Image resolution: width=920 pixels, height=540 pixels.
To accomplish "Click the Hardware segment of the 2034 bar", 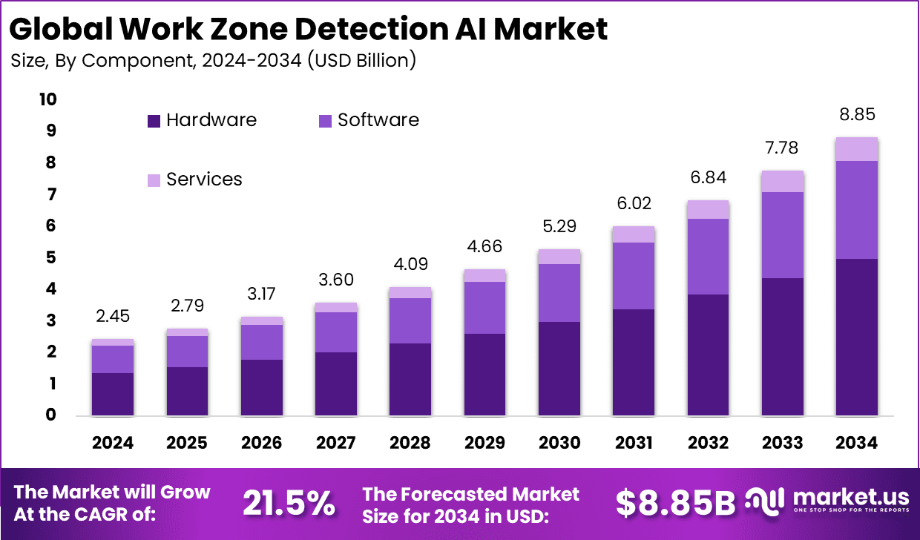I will (x=857, y=337).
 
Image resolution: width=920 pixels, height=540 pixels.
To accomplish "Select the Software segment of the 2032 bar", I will (x=708, y=257).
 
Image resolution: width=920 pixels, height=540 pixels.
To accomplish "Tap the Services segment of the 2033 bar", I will (x=783, y=181).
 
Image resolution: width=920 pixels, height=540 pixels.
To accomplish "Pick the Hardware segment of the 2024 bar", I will (x=113, y=394).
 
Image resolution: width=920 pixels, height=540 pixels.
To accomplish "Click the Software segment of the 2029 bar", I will (x=484, y=308).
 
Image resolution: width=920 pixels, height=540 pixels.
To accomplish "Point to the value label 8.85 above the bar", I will (x=857, y=115).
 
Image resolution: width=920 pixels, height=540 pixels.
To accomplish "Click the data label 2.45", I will (x=113, y=317).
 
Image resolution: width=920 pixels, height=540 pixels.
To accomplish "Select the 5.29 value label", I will (x=559, y=226).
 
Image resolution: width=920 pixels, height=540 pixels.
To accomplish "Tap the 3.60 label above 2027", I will (x=336, y=280).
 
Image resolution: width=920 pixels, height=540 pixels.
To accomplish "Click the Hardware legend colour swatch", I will (x=154, y=121).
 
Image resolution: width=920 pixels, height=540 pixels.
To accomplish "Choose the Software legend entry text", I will (x=378, y=120).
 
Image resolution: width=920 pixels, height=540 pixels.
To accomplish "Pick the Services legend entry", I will (x=204, y=180).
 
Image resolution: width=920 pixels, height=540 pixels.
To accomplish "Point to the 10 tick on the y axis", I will (x=47, y=99).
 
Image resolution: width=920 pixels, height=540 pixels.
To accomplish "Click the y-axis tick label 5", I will (x=51, y=257).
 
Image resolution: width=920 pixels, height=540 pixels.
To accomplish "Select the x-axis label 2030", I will (x=559, y=443).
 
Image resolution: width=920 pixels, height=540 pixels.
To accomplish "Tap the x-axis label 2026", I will (x=261, y=443).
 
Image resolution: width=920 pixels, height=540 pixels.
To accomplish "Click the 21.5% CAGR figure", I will (x=289, y=504).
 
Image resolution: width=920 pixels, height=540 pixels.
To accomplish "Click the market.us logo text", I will (x=846, y=495).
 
